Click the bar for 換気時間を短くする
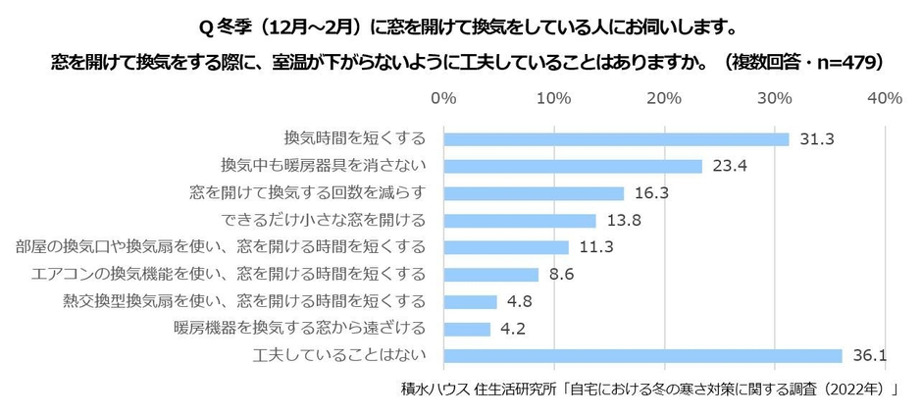616,139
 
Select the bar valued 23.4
573,166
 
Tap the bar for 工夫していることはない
642,355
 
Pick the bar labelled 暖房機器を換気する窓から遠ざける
467,329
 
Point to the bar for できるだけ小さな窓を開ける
520,220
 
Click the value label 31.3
816,139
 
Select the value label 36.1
869,355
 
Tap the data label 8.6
561,275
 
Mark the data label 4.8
520,301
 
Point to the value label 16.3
650,193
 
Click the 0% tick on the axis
443,98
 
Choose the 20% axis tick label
664,98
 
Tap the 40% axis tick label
885,98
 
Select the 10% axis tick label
554,98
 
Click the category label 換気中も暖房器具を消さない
324,166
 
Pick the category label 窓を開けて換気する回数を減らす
308,193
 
